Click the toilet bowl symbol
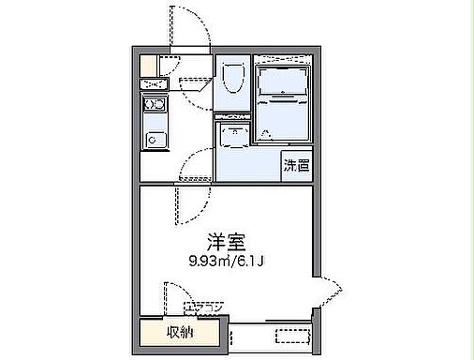click(232, 80)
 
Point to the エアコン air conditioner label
click(203, 307)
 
